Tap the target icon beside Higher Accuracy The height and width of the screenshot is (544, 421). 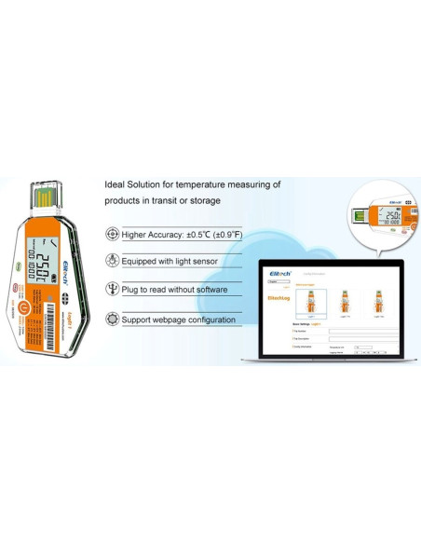tap(113, 235)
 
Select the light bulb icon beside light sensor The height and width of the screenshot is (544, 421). tap(113, 262)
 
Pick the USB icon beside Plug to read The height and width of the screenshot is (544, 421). tap(113, 290)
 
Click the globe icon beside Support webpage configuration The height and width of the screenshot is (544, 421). tap(113, 319)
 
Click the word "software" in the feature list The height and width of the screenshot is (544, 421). tap(212, 290)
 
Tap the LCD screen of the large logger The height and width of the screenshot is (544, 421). tap(48, 260)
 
